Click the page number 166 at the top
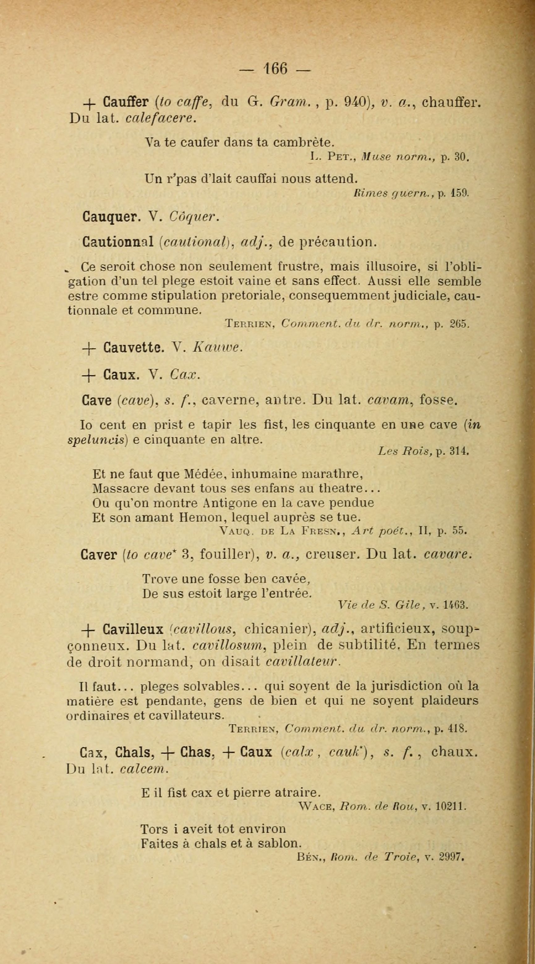click(275, 69)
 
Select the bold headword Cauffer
click(126, 102)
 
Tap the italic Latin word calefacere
click(161, 118)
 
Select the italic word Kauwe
click(217, 348)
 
